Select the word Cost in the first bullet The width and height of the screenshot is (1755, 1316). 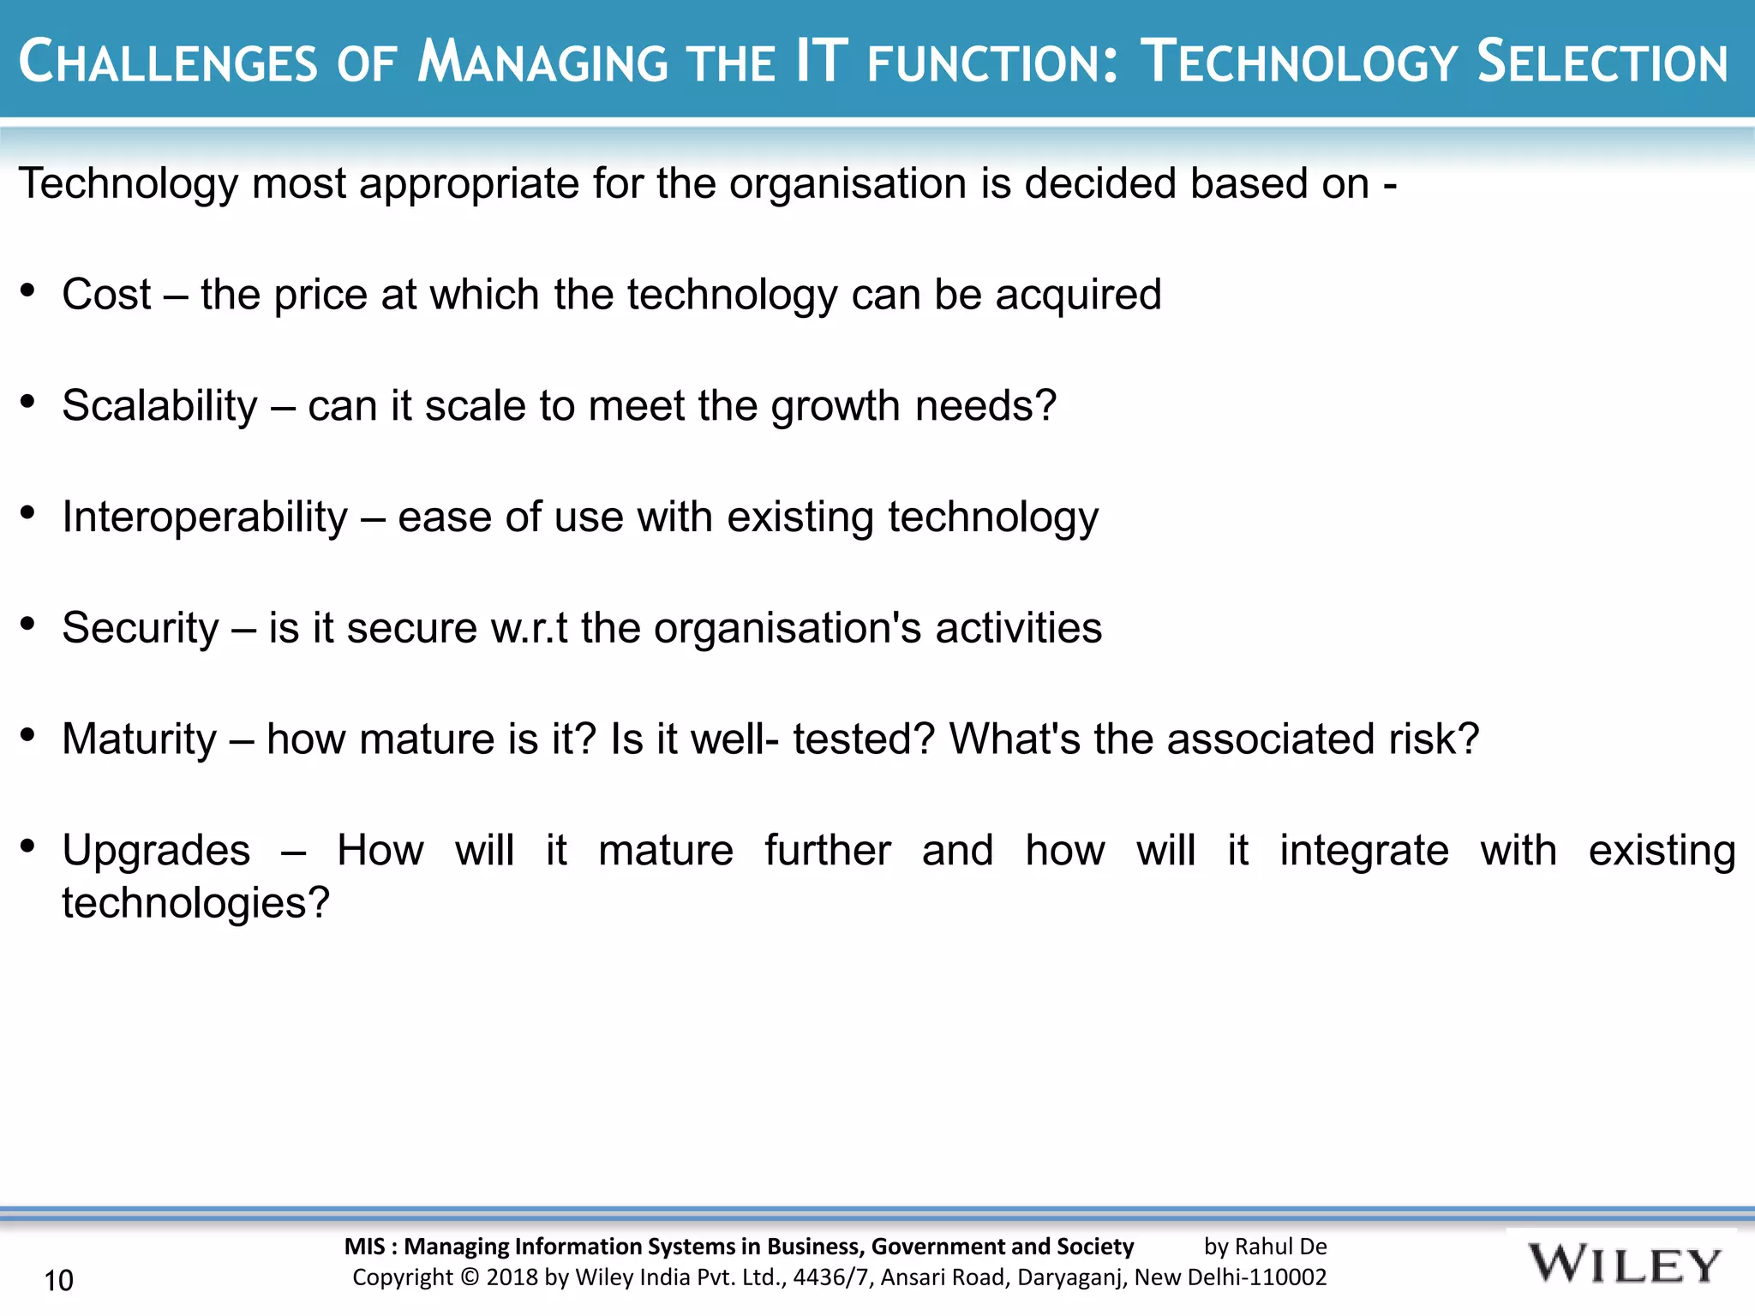point(106,295)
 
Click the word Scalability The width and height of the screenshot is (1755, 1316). point(159,405)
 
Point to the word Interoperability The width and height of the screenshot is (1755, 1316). point(205,517)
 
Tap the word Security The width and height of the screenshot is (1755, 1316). point(141,628)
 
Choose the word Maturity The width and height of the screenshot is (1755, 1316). point(140,739)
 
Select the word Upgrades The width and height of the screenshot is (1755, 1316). point(156,851)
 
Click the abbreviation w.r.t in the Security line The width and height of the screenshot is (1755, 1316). point(529,628)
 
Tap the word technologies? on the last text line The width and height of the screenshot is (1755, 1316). point(195,903)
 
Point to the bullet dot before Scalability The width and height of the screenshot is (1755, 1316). point(27,401)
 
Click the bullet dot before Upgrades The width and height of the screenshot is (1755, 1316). point(27,846)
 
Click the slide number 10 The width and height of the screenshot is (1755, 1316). point(58,1280)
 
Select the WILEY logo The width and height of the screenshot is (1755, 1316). point(1624,1265)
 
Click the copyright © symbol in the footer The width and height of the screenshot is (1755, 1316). point(470,1277)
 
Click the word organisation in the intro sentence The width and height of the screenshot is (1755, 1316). point(848,183)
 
